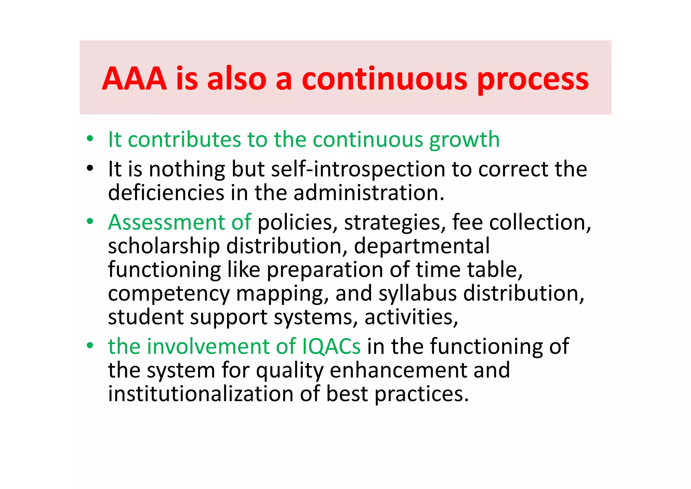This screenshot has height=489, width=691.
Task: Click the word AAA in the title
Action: tap(134, 79)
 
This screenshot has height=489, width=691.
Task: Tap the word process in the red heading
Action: tap(533, 80)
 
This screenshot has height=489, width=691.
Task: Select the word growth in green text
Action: tap(464, 140)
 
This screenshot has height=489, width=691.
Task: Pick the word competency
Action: tap(169, 294)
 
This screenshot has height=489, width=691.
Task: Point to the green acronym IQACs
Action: tap(331, 346)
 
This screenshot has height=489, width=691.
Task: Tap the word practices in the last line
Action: tap(421, 394)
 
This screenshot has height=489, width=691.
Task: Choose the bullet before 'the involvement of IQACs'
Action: tap(89, 346)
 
